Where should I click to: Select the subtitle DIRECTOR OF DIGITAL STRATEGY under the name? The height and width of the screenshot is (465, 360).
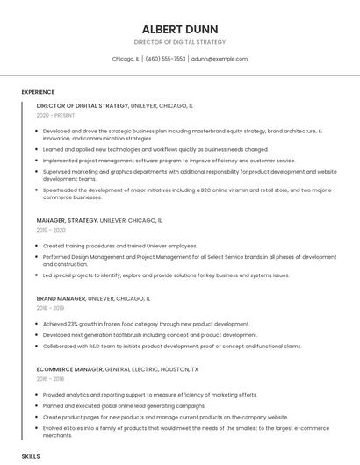(x=179, y=41)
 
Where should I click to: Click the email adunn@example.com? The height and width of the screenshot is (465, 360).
(x=219, y=59)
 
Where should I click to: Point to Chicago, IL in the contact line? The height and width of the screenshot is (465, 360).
(x=126, y=59)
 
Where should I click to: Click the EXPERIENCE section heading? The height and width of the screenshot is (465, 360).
(x=38, y=92)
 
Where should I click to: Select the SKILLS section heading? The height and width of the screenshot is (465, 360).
(x=31, y=457)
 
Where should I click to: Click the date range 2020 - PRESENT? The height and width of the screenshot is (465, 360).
(x=55, y=115)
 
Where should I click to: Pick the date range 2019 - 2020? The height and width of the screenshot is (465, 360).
(x=51, y=230)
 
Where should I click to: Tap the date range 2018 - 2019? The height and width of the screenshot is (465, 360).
(x=50, y=308)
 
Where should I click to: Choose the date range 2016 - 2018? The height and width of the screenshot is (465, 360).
(x=50, y=379)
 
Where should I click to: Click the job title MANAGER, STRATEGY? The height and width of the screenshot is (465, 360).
(x=67, y=220)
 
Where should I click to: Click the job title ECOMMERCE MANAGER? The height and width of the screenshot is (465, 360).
(x=69, y=369)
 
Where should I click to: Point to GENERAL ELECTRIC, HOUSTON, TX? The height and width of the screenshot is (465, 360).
(x=152, y=369)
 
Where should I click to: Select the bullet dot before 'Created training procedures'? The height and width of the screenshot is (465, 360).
(x=38, y=246)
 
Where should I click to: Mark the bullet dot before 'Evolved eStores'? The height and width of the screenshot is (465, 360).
(x=38, y=428)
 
